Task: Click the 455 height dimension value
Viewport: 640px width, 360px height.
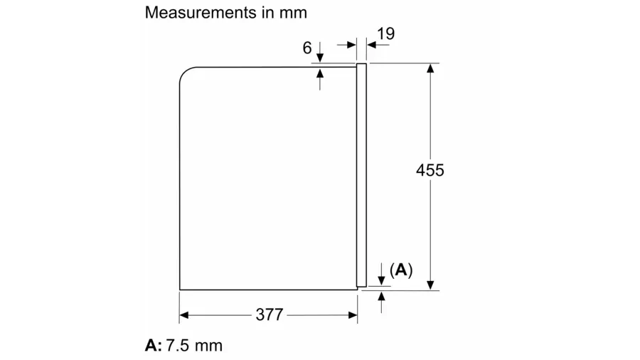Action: (x=430, y=170)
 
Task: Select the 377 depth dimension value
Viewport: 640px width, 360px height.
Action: (x=270, y=314)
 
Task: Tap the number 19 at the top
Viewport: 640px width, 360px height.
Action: (x=385, y=34)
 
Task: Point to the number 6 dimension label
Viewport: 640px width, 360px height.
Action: (x=307, y=48)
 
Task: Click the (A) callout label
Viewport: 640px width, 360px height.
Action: (x=401, y=270)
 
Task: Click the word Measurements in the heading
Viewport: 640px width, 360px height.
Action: (x=201, y=13)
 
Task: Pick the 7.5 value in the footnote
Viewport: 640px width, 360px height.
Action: (x=177, y=346)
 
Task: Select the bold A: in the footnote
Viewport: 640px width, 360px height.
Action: (x=154, y=346)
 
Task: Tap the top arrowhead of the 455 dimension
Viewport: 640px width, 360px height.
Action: (x=430, y=68)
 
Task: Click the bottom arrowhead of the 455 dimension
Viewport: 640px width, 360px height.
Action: (x=430, y=285)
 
